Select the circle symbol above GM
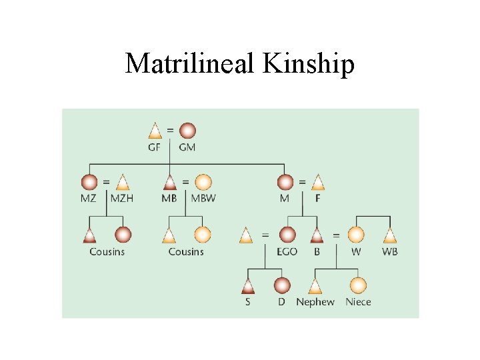coord(187,130)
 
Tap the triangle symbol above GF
coord(155,131)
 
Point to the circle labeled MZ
coord(89,182)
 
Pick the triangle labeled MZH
coord(122,182)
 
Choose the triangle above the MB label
coord(169,182)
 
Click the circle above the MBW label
coord(203,182)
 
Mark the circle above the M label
coord(285,182)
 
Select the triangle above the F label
coord(318,182)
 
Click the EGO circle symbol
coord(287,235)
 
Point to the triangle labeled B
coord(317,235)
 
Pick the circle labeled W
coord(357,235)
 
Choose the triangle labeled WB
coord(390,235)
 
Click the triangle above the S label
coord(248,286)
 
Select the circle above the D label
coord(281,286)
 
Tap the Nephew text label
coord(315,302)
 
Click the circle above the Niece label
coord(358,286)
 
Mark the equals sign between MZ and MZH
coord(106,181)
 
